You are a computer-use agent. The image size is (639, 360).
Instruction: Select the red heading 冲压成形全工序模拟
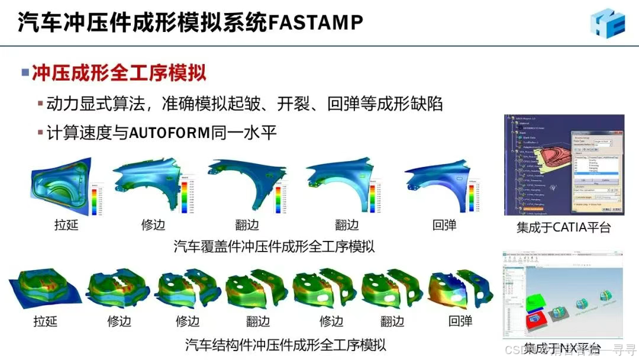(119, 73)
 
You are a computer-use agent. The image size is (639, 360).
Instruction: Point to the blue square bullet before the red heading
(25, 73)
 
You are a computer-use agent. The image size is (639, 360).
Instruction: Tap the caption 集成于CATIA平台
(563, 227)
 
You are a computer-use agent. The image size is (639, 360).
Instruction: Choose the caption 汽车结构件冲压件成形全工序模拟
(286, 344)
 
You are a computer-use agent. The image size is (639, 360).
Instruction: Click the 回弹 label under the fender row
(444, 225)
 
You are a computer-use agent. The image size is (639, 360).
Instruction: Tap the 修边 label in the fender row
(153, 225)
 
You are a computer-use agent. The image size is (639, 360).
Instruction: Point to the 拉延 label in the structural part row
(46, 322)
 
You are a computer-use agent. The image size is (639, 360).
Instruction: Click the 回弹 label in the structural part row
(460, 322)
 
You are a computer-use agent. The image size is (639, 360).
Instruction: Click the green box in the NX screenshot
(535, 301)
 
